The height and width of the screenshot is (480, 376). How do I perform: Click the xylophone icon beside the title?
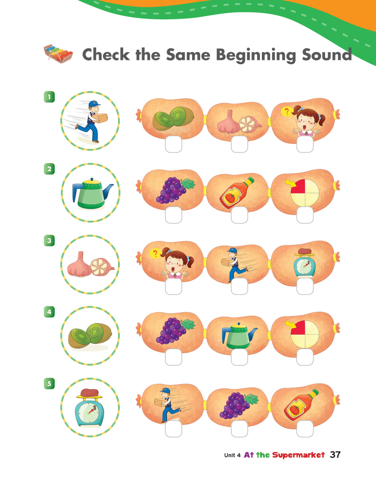point(58,53)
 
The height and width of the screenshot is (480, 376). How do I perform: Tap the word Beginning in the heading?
point(256,55)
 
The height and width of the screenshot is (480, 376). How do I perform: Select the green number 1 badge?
point(49,97)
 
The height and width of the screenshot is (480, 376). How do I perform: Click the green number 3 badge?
point(49,240)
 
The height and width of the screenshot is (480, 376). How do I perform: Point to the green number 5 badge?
point(49,383)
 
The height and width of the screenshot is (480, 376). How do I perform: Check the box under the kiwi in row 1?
point(174,144)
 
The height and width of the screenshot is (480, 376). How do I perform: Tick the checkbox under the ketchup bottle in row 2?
point(239,215)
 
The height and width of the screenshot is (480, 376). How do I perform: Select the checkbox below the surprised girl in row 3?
point(174,286)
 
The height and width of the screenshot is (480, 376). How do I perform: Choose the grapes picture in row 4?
point(175,331)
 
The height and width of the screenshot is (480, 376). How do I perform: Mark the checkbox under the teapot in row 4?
point(239,357)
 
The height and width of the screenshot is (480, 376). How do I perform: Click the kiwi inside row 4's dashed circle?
point(90,336)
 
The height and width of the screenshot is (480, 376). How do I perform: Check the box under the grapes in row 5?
point(239,429)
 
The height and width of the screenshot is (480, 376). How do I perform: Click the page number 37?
point(335,455)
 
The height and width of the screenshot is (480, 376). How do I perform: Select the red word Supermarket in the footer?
point(298,455)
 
